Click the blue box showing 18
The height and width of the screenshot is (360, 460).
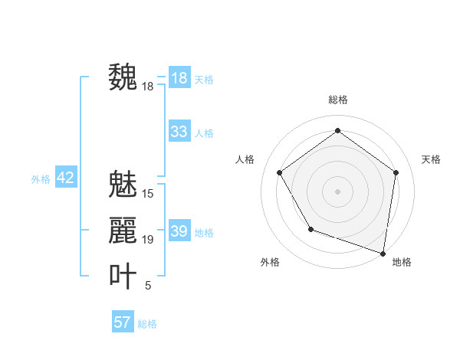click(179, 78)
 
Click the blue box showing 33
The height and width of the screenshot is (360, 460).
click(179, 132)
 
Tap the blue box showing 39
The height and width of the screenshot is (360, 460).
click(179, 231)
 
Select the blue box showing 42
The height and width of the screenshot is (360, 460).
click(65, 178)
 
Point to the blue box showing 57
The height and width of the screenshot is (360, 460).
click(123, 322)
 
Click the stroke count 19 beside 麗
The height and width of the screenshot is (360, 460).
click(148, 240)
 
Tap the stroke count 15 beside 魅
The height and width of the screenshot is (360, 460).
click(148, 194)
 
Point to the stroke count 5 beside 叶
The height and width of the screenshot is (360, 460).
click(148, 286)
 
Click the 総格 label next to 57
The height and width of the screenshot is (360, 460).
click(147, 324)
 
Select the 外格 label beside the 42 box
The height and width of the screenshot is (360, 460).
click(41, 179)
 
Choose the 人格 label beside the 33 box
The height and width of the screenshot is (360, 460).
click(204, 133)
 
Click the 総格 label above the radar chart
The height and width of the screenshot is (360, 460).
click(337, 100)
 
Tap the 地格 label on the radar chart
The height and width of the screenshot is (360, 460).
click(402, 262)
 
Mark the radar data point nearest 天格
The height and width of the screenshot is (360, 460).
click(396, 172)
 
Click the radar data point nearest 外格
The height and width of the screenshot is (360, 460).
click(310, 229)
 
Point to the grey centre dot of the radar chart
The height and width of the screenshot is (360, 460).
click(337, 191)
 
